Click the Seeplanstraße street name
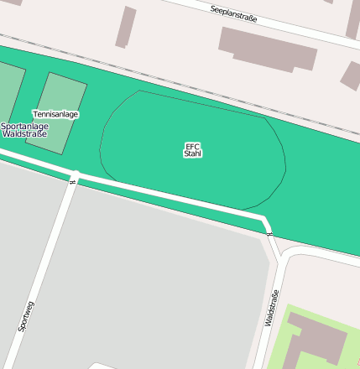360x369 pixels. coord(234,13)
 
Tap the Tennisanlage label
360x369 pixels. coord(55,114)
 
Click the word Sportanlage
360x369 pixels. coord(24,126)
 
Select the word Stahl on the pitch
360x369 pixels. coord(192,154)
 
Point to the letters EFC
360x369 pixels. coord(192,146)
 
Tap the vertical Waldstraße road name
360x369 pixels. coord(270,308)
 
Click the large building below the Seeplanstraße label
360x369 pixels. coord(267,49)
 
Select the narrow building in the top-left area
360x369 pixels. coord(126,27)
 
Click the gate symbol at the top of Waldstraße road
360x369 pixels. coord(269,235)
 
